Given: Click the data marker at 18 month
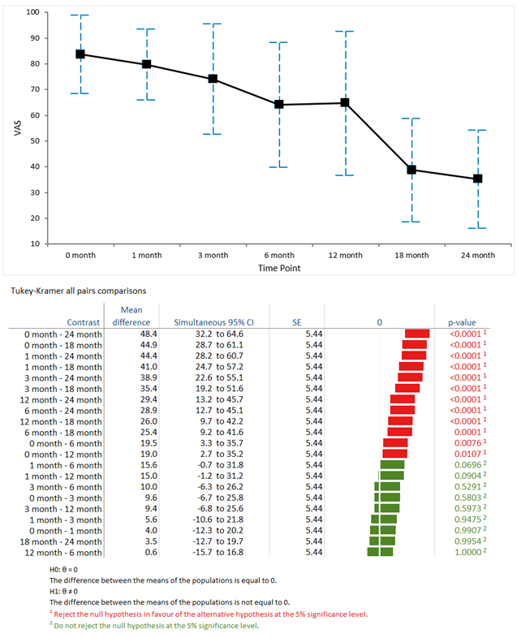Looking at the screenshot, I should [411, 170].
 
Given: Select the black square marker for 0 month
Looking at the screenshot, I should [80, 54].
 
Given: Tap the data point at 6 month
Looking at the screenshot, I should [279, 104].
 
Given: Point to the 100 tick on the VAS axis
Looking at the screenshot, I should [32, 12].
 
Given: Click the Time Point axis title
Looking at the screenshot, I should [279, 268].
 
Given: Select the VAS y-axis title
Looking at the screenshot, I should [16, 127].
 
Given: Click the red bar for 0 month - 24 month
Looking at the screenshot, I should [417, 334].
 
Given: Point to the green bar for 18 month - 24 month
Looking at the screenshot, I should [382, 541].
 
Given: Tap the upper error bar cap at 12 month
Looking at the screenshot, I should [345, 32].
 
